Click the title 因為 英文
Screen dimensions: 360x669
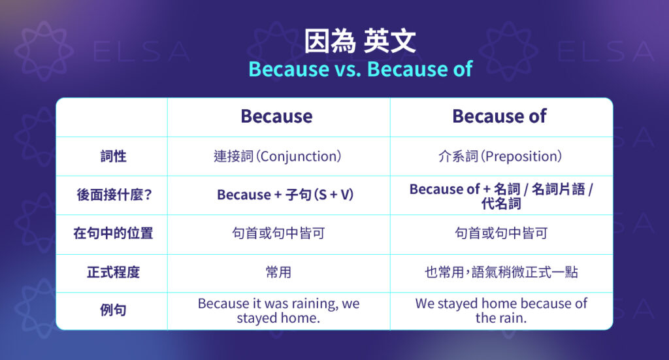coord(360,42)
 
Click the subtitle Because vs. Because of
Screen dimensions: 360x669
coord(360,69)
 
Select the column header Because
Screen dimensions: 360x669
coord(276,116)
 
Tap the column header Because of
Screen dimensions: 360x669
coord(499,116)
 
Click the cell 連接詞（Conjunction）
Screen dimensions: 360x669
coord(278,156)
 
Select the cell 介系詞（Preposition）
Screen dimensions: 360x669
coord(500,156)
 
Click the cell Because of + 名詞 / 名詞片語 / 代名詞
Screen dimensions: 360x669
coord(501,195)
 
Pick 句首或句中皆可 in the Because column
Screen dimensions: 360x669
coord(278,233)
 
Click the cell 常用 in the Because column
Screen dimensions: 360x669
coord(278,272)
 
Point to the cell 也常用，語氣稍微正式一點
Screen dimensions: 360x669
coord(501,272)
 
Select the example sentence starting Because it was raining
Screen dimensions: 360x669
coord(278,311)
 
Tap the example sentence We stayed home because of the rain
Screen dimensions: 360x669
coord(501,311)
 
